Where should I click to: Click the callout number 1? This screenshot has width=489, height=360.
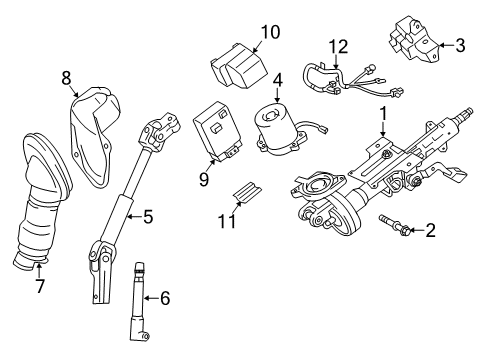(383, 115)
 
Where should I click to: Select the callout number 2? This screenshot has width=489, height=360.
(431, 232)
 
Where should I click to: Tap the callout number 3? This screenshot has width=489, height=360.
(460, 44)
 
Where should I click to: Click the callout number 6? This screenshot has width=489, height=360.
(165, 298)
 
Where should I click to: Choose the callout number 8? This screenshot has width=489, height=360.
(67, 76)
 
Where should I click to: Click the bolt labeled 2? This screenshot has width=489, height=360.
(393, 228)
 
